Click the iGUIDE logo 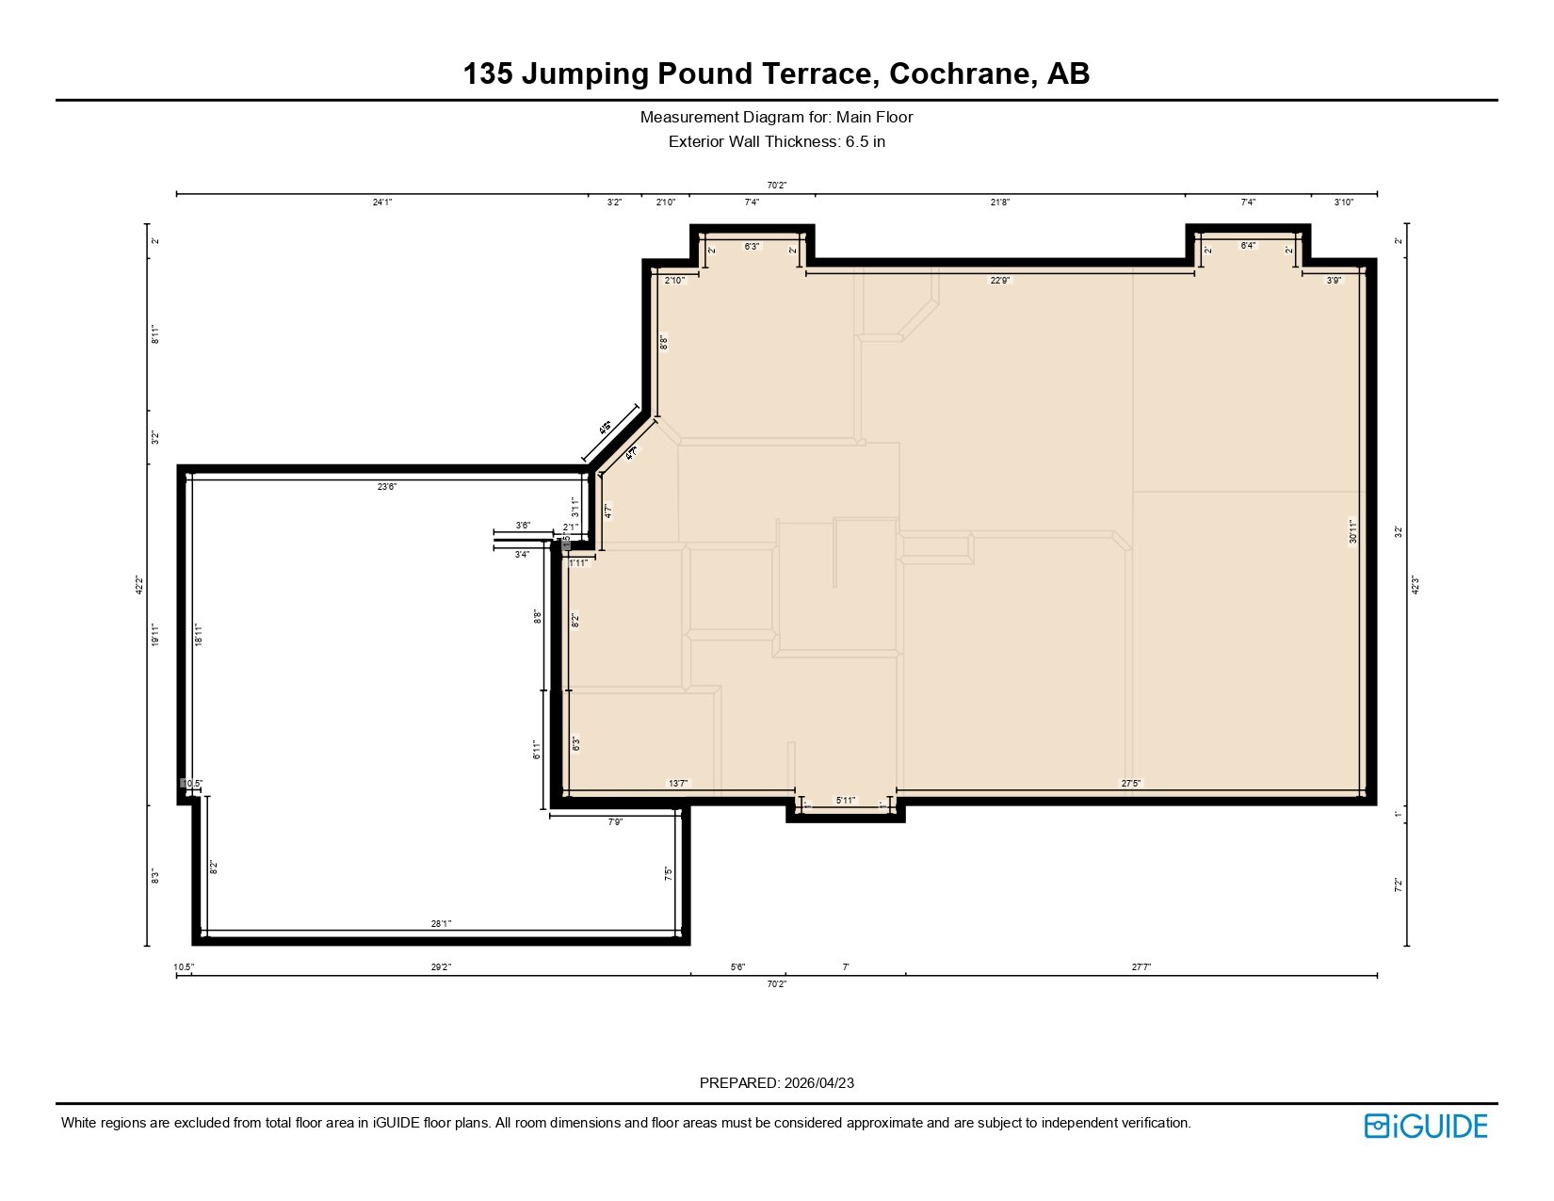pyautogui.click(x=1426, y=1126)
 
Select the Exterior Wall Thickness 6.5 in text pyautogui.click(x=776, y=142)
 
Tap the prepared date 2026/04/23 pyautogui.click(x=818, y=1083)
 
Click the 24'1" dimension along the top pyautogui.click(x=382, y=203)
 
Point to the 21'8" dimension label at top pyautogui.click(x=999, y=203)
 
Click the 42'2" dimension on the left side pyautogui.click(x=139, y=585)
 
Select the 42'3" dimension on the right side pyautogui.click(x=1415, y=585)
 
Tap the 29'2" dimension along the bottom pyautogui.click(x=441, y=967)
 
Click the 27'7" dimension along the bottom pyautogui.click(x=1141, y=967)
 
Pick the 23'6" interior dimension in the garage pyautogui.click(x=387, y=487)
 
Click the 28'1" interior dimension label pyautogui.click(x=441, y=924)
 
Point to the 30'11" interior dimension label pyautogui.click(x=1353, y=531)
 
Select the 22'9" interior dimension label pyautogui.click(x=999, y=281)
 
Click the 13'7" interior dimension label pyautogui.click(x=678, y=784)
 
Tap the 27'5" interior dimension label pyautogui.click(x=1130, y=784)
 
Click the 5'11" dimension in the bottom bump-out pyautogui.click(x=846, y=801)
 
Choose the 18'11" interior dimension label pyautogui.click(x=198, y=635)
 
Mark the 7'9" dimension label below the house pyautogui.click(x=615, y=822)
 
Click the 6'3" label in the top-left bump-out pyautogui.click(x=752, y=247)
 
